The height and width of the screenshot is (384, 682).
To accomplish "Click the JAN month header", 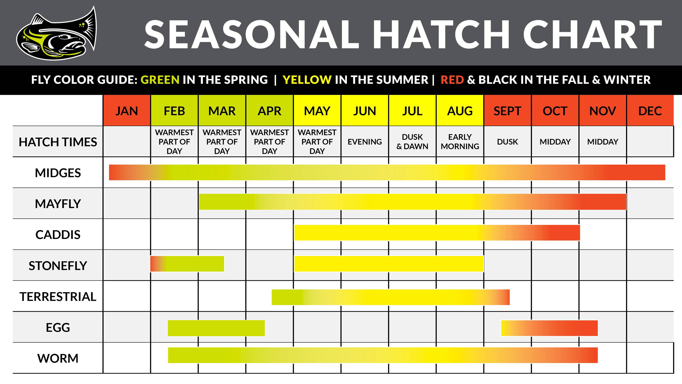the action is point(127,111).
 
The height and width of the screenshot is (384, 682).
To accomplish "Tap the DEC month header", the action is point(650,111).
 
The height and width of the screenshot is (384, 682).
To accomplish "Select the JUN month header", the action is point(365,111).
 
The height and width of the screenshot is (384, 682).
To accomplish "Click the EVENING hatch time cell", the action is point(365,141).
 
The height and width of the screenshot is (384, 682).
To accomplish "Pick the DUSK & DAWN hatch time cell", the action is point(412,141).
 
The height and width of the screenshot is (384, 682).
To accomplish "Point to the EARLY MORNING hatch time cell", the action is point(460,141).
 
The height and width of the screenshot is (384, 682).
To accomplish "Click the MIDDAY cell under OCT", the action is point(555,141).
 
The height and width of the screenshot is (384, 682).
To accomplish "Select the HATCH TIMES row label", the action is point(58,142).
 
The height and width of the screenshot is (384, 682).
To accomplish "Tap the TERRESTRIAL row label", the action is point(58,296).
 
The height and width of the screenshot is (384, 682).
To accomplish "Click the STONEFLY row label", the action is point(58,265).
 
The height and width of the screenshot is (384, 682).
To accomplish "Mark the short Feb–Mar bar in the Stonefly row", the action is point(187,264).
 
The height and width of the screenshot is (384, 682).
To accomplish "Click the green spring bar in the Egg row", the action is point(216,328).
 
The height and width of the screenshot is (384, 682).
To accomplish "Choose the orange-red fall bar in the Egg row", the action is point(549,328).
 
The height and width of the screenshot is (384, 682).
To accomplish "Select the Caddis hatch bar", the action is point(437,233).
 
